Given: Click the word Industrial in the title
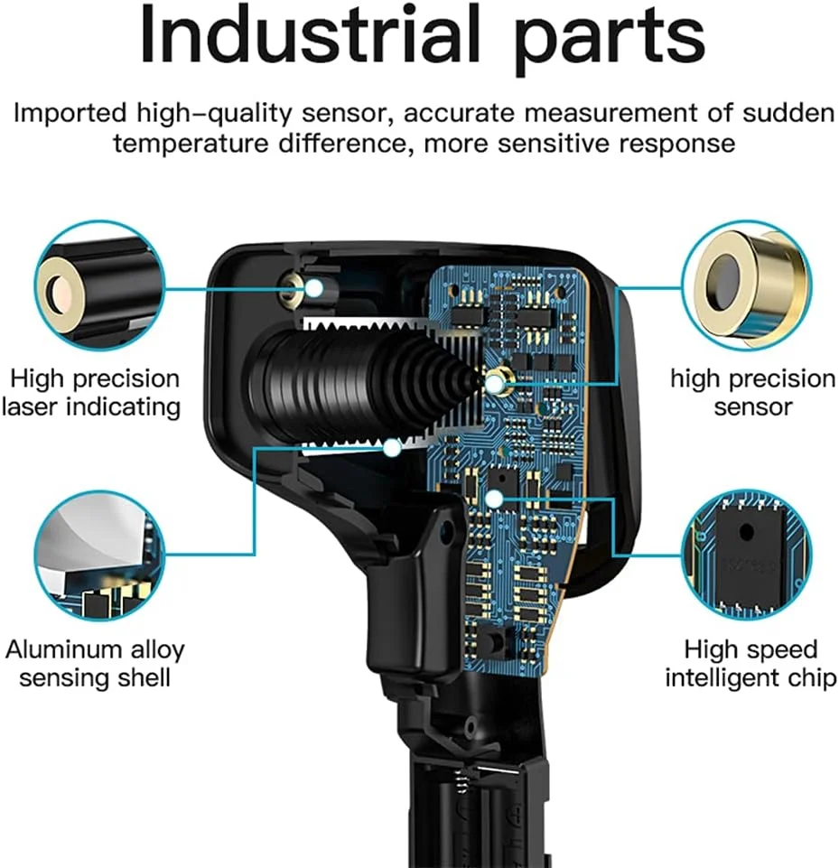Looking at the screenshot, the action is click(x=310, y=35).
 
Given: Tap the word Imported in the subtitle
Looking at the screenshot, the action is click(x=70, y=114).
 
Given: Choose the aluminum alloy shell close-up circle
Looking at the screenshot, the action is click(x=99, y=555).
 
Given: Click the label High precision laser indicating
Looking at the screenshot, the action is click(x=91, y=393).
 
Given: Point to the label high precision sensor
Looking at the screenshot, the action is click(x=752, y=393).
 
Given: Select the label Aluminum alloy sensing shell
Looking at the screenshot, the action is click(x=95, y=663).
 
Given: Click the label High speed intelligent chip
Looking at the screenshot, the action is click(x=750, y=663).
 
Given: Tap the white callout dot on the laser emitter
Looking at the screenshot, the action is click(x=314, y=288).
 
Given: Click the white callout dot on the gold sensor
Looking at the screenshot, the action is click(x=495, y=384).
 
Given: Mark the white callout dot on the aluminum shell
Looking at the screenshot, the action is click(x=392, y=447).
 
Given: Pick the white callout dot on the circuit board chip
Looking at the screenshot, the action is click(x=494, y=499).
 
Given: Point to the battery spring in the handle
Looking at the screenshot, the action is click(x=461, y=782).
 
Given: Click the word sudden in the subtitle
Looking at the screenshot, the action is click(x=788, y=113).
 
